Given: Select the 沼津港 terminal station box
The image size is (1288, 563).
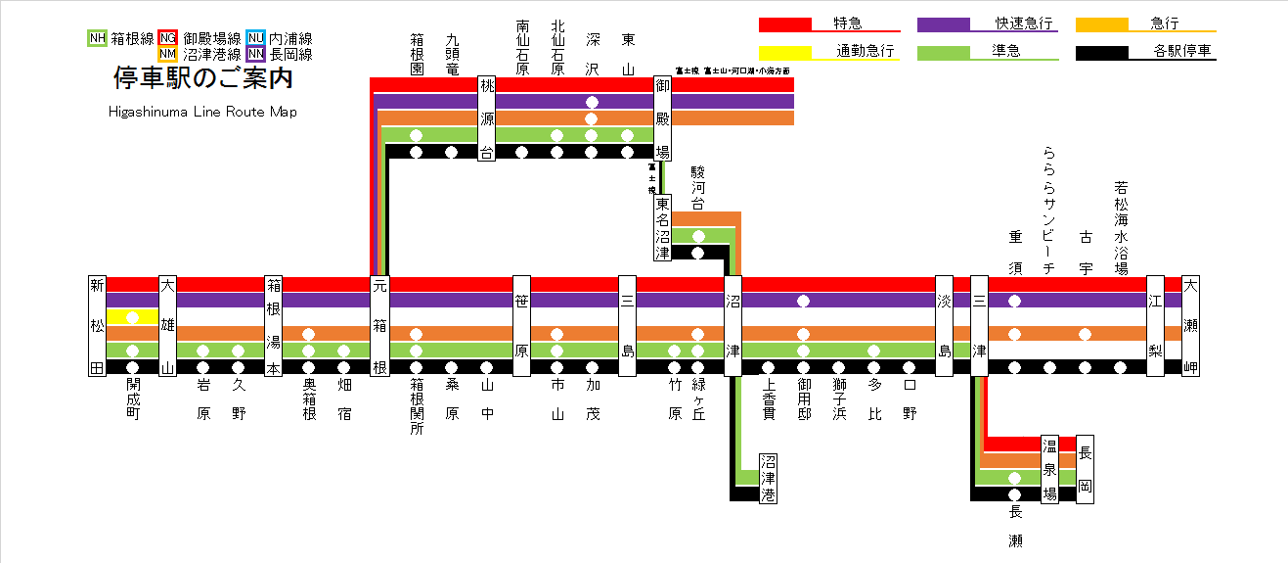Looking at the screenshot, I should [x=769, y=477].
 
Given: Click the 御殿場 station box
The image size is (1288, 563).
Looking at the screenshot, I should [x=663, y=118].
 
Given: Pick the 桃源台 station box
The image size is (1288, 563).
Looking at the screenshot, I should [x=487, y=118].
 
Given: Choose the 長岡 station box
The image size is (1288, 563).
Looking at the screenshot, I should [x=1085, y=470].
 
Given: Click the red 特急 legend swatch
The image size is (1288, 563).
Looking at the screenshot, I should [x=785, y=23].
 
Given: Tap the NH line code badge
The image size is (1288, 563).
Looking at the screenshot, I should [x=97, y=38].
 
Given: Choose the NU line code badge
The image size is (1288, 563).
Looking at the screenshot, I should [x=255, y=38].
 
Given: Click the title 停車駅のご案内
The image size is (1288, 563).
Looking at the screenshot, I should [x=203, y=76].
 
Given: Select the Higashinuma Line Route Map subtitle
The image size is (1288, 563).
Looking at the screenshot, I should [x=202, y=112].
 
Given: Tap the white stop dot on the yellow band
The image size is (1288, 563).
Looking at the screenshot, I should [x=133, y=317].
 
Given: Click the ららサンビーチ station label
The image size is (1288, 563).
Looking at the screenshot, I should [x=1049, y=211].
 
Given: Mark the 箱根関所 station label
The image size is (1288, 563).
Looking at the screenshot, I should [x=417, y=406].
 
